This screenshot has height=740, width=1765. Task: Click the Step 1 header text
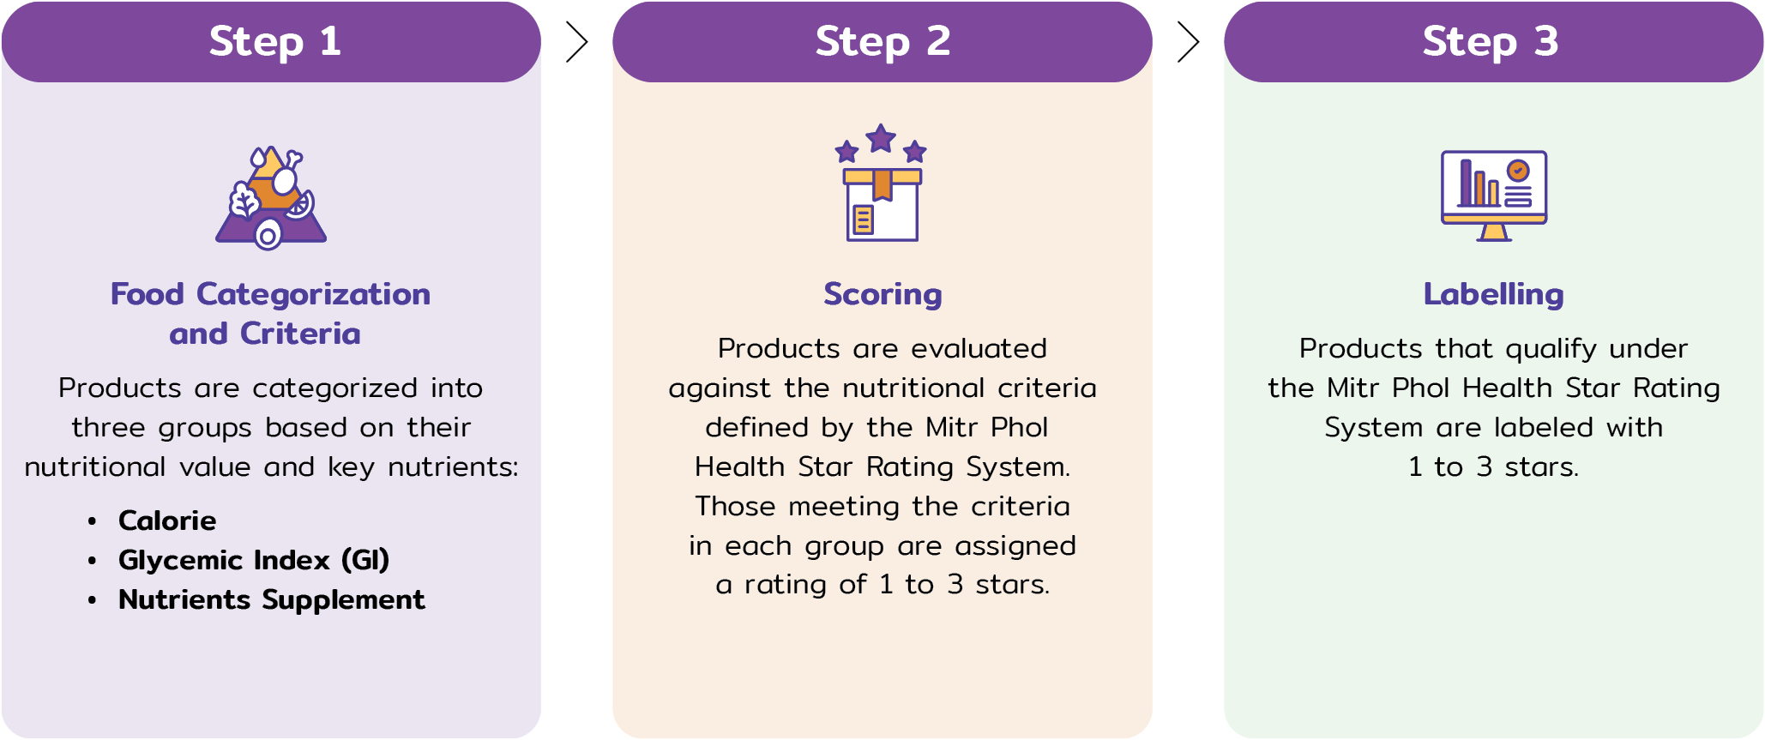(274, 42)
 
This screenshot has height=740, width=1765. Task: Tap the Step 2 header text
(882, 42)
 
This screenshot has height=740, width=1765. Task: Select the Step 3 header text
(1491, 42)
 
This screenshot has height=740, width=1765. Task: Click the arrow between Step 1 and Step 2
(577, 42)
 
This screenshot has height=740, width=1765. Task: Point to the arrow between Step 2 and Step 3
(1188, 42)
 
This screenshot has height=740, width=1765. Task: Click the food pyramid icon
(271, 197)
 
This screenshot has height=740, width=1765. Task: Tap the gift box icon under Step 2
(882, 204)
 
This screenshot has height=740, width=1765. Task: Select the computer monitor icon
(1494, 196)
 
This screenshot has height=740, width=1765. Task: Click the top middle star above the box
(881, 138)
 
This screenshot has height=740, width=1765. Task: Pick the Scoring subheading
(882, 294)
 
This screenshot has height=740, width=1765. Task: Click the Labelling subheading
(1494, 294)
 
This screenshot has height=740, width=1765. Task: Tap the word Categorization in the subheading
(313, 294)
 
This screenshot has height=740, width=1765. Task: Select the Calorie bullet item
(167, 520)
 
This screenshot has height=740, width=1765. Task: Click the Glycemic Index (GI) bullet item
(254, 560)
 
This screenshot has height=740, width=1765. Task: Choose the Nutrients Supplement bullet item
(272, 599)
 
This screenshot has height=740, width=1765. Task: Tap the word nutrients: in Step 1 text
(453, 466)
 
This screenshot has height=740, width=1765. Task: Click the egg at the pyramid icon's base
(268, 234)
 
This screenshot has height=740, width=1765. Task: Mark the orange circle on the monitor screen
(1518, 171)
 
